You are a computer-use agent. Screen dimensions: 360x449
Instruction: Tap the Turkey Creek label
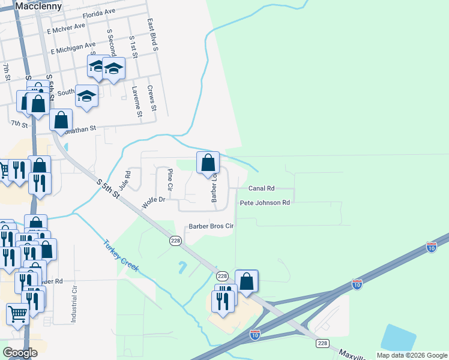121,256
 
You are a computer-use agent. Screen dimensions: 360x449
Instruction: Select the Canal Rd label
261,188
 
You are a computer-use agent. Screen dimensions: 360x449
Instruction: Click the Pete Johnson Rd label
265,203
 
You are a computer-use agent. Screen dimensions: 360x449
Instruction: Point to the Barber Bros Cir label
211,226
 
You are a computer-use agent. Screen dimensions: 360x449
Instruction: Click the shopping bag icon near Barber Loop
208,163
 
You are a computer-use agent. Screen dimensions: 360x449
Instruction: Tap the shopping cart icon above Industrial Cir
18,314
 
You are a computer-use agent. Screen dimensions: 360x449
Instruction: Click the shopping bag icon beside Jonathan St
61,120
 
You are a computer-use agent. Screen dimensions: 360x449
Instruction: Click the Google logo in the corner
20,353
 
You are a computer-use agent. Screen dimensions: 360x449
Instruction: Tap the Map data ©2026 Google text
412,355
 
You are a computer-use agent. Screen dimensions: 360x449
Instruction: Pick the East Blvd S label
151,34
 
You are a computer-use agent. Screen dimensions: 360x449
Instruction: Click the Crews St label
151,98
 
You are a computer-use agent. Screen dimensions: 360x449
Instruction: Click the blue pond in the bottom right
399,338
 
